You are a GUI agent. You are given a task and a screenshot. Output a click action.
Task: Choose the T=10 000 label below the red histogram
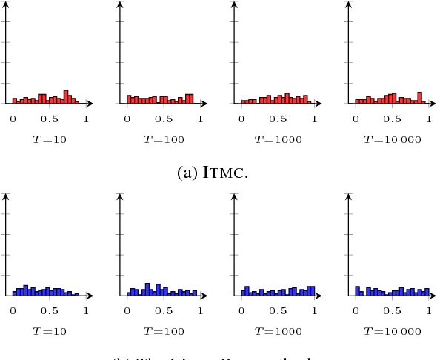(392, 139)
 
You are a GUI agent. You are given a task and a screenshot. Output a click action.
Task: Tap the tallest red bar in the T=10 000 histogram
(419, 98)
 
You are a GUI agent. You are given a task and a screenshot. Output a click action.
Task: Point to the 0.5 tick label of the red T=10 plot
(50, 119)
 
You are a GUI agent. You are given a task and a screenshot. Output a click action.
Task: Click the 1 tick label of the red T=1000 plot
(315, 119)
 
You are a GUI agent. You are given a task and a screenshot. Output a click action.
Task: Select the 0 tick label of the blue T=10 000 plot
(356, 310)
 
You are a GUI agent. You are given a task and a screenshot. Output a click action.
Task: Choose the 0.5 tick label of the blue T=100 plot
(164, 310)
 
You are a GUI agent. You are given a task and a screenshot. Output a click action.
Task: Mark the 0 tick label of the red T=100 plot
(127, 119)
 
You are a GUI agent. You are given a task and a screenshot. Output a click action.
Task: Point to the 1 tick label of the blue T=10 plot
(86, 310)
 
